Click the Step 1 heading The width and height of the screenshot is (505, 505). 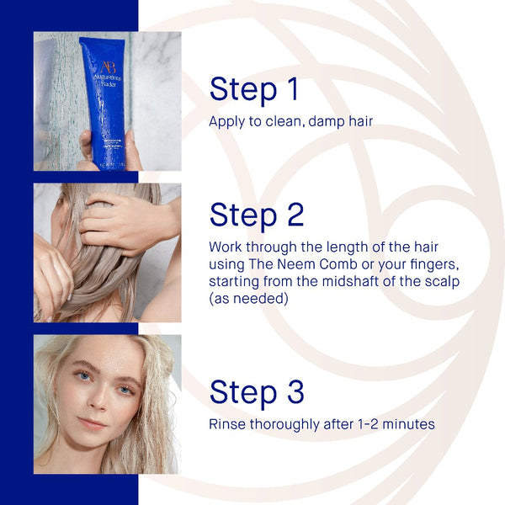point(254,89)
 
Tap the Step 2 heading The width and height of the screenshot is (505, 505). point(257,215)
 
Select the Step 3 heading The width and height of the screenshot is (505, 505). point(257,392)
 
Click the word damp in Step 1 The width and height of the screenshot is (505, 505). point(326,122)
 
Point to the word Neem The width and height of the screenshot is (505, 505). point(296,264)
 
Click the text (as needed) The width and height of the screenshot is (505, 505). point(248,299)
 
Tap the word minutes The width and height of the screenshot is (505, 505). point(408,424)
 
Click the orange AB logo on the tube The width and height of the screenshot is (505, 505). point(108,67)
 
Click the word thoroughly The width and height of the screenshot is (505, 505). point(284,425)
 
